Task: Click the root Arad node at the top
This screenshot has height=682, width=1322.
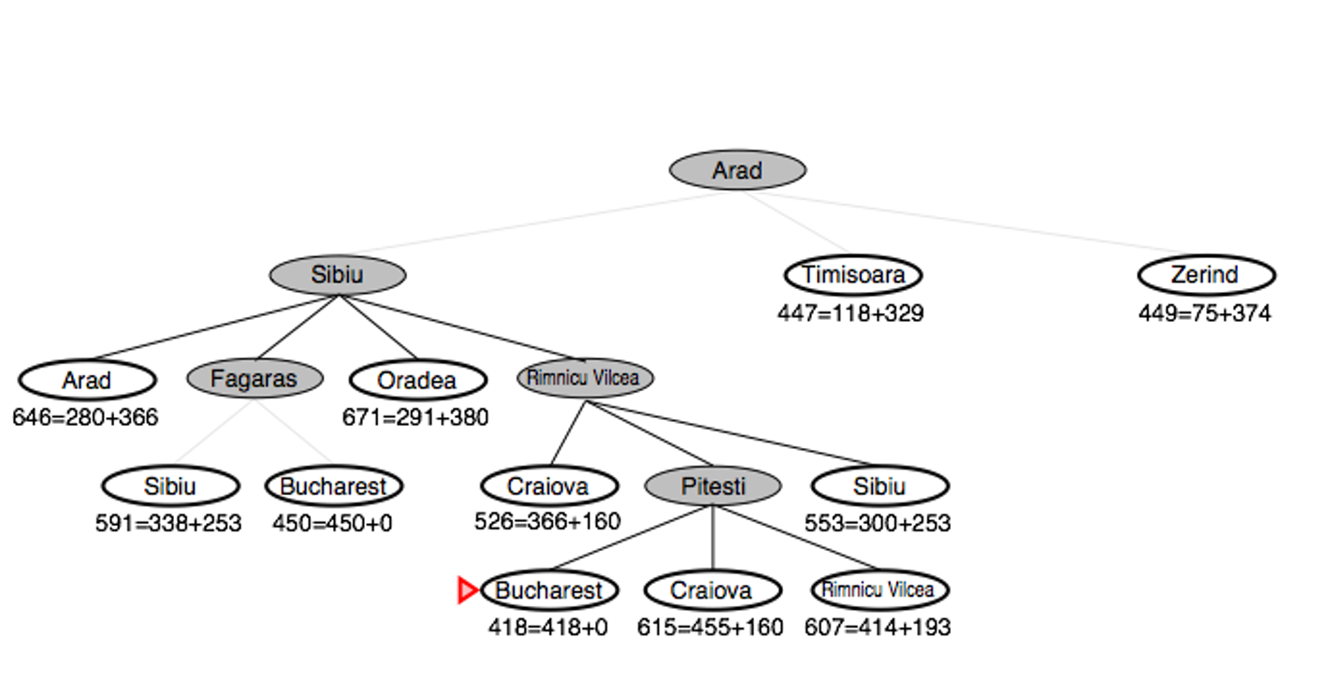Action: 737,170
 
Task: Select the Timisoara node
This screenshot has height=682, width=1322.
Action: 853,275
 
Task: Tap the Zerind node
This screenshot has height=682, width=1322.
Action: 1206,275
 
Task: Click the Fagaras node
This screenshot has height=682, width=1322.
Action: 254,379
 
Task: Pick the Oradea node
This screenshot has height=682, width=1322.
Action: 417,380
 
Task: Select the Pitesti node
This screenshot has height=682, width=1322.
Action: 713,486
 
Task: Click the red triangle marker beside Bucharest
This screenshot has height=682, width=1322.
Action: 467,590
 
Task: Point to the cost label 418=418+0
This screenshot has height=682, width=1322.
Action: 548,627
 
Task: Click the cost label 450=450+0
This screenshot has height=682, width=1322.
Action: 332,523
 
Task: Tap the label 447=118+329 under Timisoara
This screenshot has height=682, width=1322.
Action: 850,313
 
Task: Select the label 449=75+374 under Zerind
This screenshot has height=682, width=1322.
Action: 1204,313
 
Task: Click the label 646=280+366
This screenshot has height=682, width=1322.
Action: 85,417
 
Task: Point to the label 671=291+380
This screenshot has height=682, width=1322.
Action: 415,417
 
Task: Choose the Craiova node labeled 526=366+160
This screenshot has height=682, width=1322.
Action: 549,486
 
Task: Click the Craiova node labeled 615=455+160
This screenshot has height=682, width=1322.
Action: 713,590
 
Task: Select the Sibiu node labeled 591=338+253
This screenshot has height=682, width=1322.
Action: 170,486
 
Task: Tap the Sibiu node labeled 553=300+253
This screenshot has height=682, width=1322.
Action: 879,486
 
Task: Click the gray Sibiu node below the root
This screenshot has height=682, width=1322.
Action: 337,275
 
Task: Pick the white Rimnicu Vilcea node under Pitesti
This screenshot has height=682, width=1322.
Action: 879,590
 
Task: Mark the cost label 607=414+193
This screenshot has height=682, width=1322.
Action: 878,627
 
